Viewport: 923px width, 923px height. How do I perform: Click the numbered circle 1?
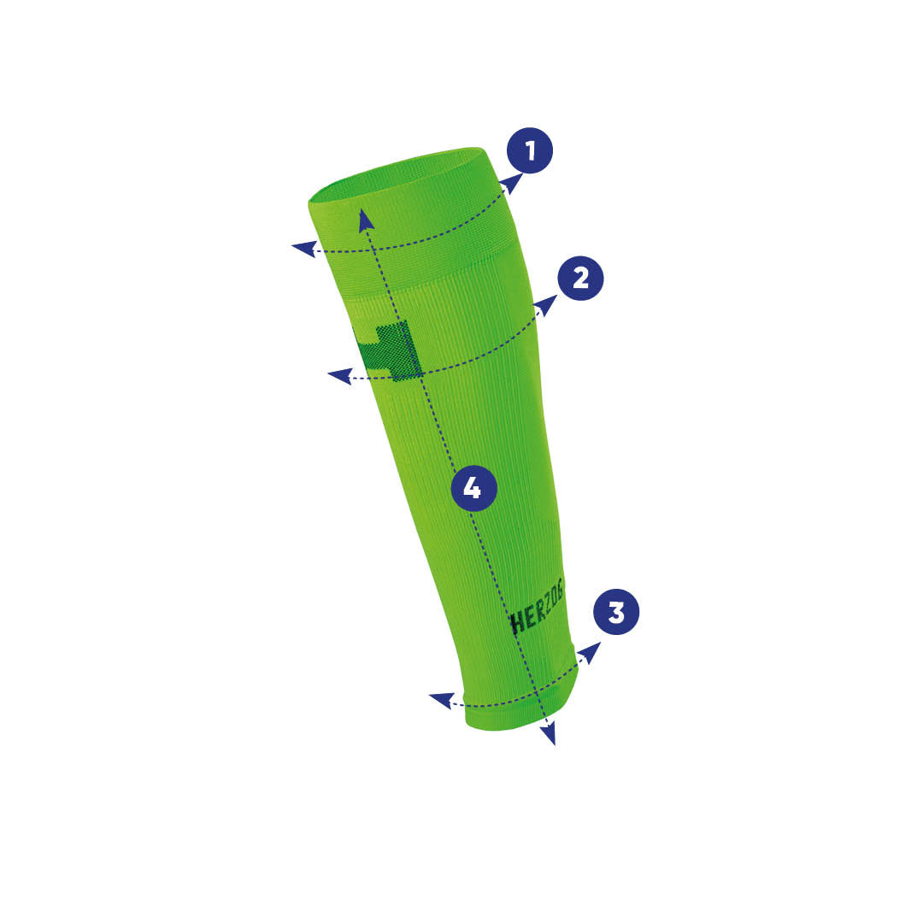click(530, 150)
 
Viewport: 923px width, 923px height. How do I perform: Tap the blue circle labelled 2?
click(580, 279)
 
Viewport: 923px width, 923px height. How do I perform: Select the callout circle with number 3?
click(616, 612)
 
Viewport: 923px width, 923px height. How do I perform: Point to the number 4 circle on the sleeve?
click(473, 488)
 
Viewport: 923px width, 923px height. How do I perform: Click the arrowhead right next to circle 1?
click(513, 183)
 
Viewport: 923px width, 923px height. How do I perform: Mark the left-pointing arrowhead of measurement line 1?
click(303, 249)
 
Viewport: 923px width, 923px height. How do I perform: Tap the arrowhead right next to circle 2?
click(547, 305)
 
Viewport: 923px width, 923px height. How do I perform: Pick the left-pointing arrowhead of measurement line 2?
click(339, 376)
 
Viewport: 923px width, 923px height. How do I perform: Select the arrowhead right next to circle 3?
click(591, 652)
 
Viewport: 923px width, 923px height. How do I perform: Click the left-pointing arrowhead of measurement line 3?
click(441, 701)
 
